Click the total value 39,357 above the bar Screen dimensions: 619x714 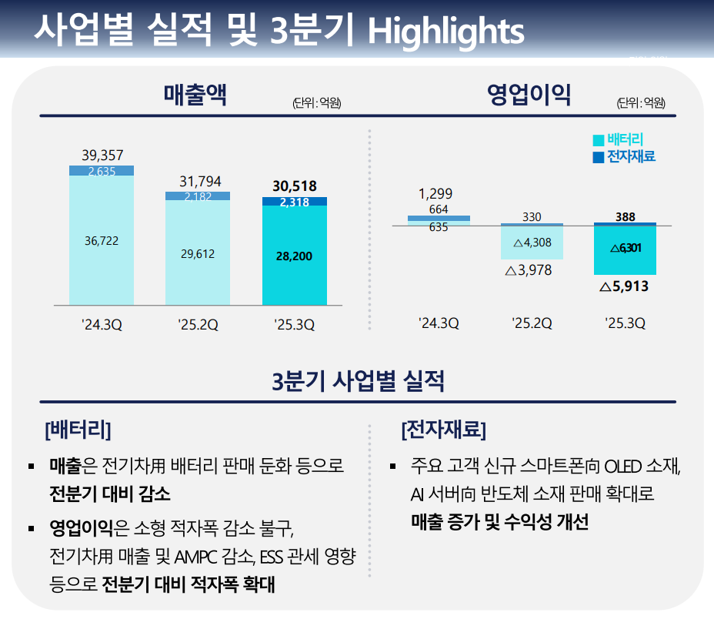(x=102, y=156)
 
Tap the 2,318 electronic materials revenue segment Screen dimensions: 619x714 (x=294, y=202)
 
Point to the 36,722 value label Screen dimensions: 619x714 (x=101, y=241)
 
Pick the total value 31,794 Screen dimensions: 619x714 (x=200, y=182)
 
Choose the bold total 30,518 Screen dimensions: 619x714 (x=294, y=186)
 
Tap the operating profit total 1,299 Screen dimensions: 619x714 (x=435, y=193)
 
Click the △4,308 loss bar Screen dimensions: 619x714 (x=532, y=242)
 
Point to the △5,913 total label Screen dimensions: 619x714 (x=624, y=286)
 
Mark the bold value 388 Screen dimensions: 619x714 (x=626, y=217)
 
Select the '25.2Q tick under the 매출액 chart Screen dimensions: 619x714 (x=198, y=325)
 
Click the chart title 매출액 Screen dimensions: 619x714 (x=195, y=95)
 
